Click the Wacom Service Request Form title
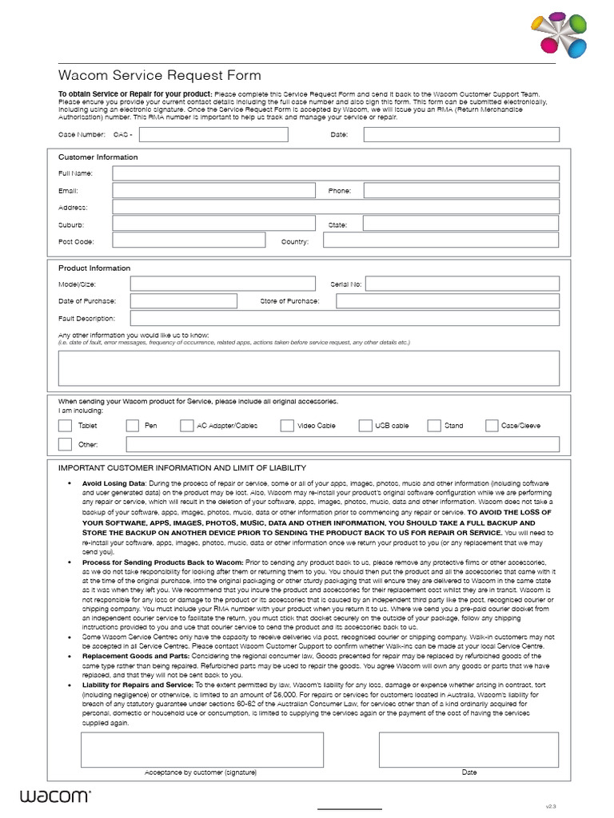coord(160,76)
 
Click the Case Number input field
coord(214,134)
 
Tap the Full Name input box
coord(335,173)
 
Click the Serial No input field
coord(464,284)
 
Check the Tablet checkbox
coord(65,426)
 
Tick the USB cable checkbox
coord(365,426)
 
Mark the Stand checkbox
coord(434,426)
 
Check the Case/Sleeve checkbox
coord(492,426)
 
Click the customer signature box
coord(201,749)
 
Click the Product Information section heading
coord(94,268)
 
